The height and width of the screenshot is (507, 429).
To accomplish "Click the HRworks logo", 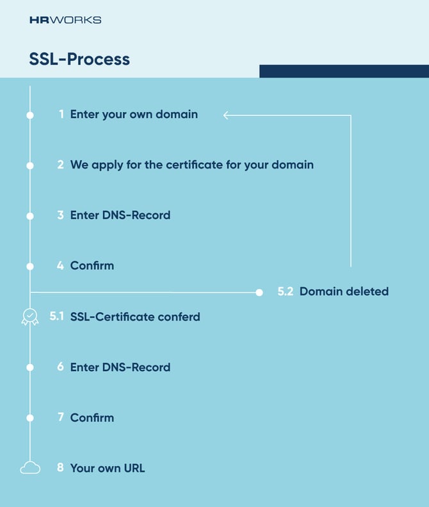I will [65, 20].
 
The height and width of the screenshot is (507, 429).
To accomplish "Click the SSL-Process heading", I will [79, 60].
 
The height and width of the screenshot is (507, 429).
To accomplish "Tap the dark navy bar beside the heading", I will [344, 71].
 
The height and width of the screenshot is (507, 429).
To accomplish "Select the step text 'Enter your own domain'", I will [134, 115].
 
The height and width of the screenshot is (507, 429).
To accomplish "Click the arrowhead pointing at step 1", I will [227, 115].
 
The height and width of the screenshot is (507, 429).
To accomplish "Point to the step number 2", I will [60, 165].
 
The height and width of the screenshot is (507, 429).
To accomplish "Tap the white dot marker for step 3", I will [29, 216].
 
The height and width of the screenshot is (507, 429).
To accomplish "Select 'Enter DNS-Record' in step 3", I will [120, 215].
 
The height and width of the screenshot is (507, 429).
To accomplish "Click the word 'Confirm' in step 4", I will [92, 265].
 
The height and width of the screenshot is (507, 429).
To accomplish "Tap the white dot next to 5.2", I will [259, 292].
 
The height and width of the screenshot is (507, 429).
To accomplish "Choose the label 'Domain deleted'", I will [344, 292].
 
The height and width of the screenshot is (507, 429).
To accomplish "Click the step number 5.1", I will [56, 317].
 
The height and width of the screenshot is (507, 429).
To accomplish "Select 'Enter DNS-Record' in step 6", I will [120, 367].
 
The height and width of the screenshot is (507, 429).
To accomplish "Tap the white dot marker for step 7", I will [29, 418].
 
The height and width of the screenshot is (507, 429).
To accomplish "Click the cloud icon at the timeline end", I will [29, 469].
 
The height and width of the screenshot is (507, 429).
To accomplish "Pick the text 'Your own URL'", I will [108, 469].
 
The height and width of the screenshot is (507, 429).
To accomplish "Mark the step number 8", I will [60, 468].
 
